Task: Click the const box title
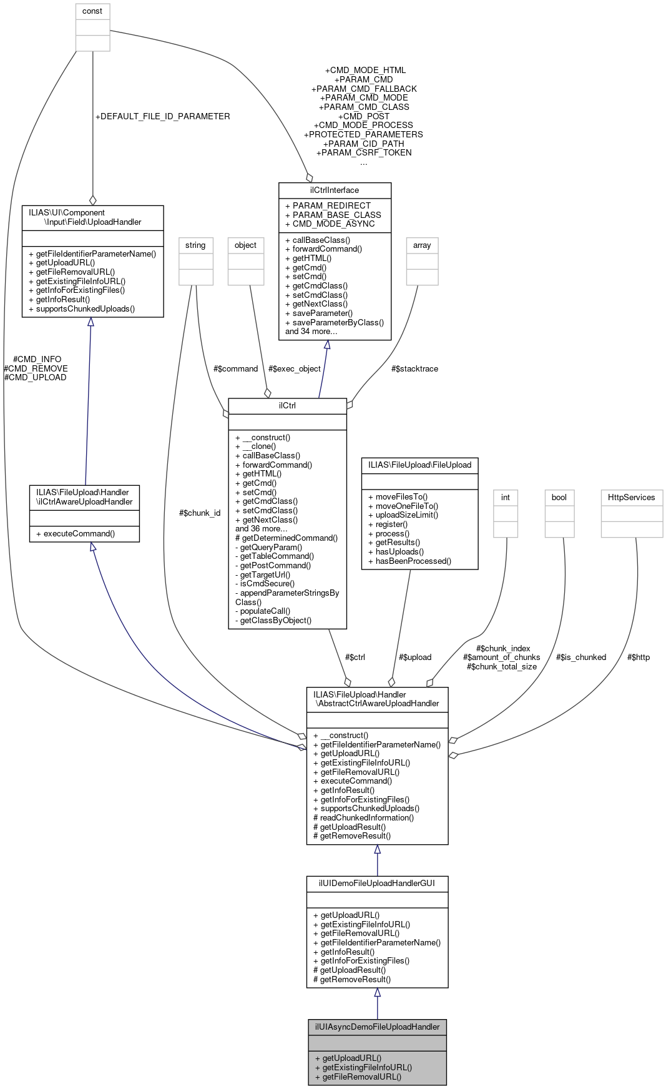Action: (x=92, y=11)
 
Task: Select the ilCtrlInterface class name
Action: (x=335, y=190)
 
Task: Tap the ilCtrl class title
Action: (x=287, y=406)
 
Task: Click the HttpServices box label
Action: (x=632, y=498)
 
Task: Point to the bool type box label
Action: (x=559, y=498)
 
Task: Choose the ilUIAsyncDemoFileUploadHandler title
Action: (x=377, y=1027)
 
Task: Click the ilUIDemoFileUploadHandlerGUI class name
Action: (x=377, y=884)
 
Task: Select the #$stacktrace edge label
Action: (x=414, y=369)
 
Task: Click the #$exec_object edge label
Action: (x=295, y=369)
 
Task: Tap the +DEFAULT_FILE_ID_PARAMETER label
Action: (x=162, y=117)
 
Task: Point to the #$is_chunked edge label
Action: (x=581, y=658)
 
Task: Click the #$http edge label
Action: (x=639, y=658)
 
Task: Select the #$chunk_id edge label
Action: (x=200, y=513)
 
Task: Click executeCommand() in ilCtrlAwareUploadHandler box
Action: (x=79, y=534)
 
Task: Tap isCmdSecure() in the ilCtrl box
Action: (x=267, y=584)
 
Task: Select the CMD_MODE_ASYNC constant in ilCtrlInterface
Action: (x=334, y=224)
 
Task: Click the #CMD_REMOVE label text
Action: (x=36, y=368)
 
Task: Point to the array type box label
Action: (x=422, y=245)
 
